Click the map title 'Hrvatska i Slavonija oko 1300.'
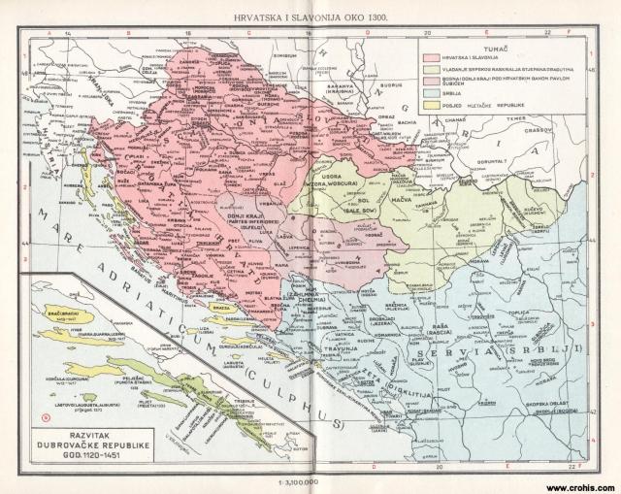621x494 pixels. coord(308,17)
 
